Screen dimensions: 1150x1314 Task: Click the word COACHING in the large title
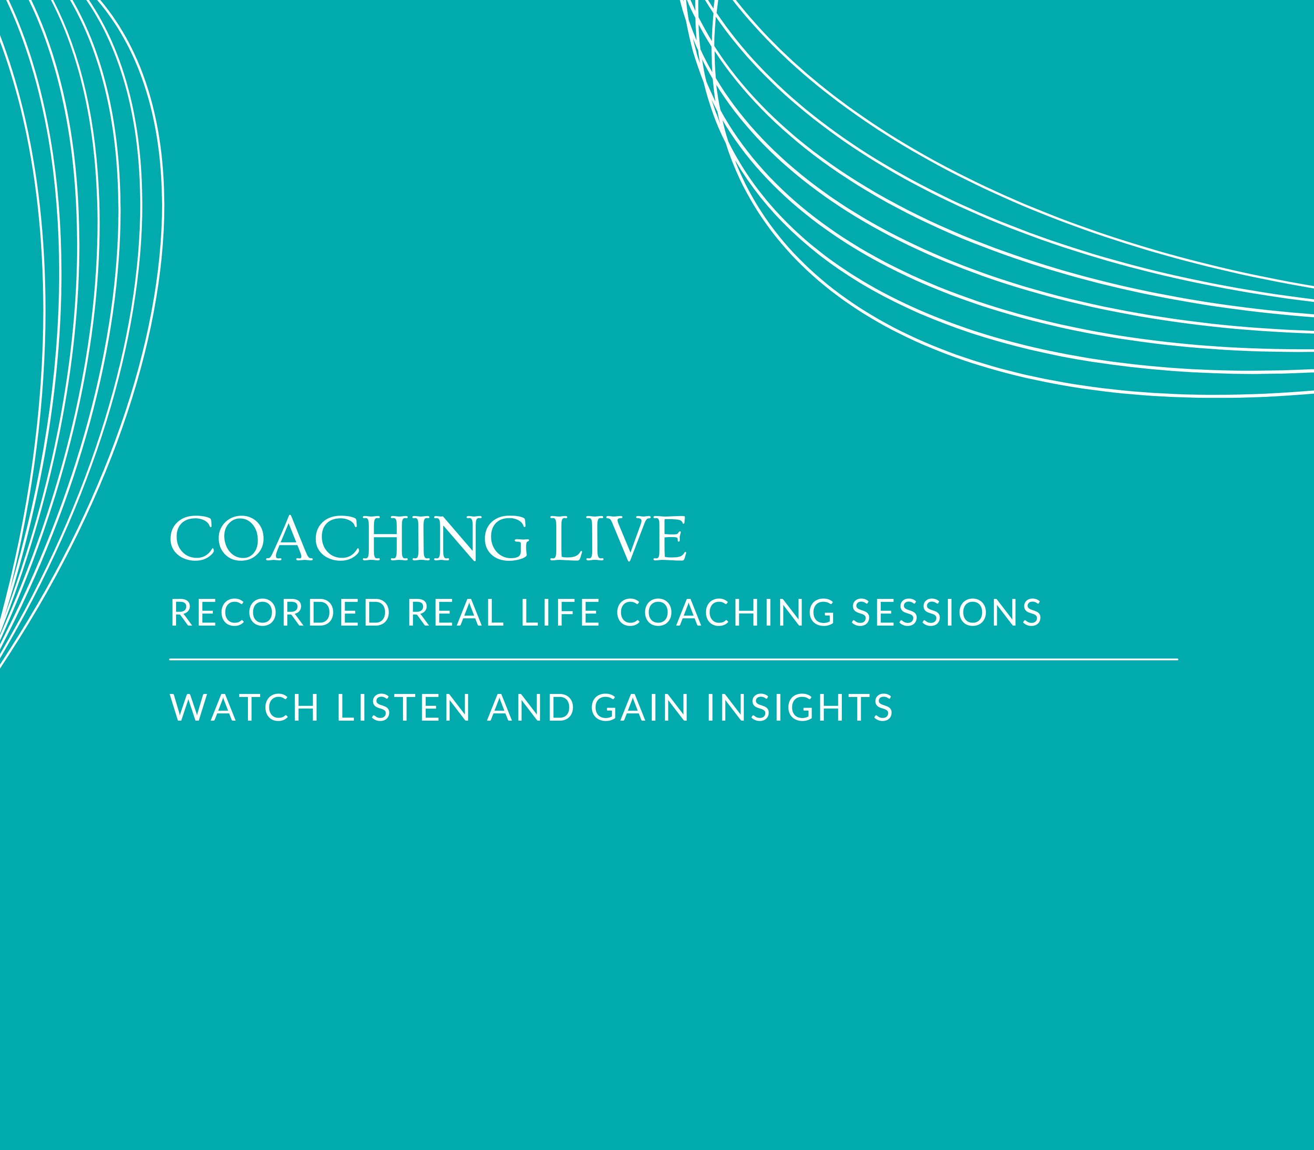(350, 538)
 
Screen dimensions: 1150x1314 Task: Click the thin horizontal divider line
(674, 659)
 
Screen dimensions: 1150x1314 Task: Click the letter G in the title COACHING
(507, 539)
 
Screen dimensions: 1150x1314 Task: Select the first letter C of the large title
(192, 539)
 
